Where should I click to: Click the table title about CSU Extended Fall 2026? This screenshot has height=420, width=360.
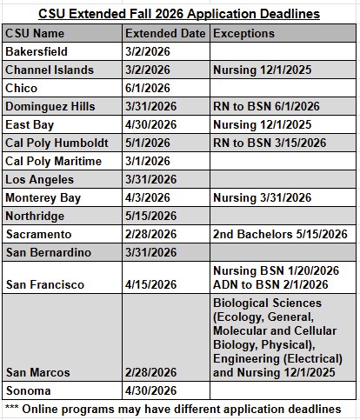(x=179, y=14)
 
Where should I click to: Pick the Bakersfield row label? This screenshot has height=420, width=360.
(x=35, y=51)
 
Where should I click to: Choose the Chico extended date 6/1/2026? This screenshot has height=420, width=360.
(x=147, y=88)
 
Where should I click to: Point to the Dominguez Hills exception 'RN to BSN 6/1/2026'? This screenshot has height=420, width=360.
(x=270, y=106)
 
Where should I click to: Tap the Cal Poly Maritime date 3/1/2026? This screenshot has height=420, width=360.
(x=147, y=161)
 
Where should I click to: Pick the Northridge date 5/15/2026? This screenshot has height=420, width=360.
(x=150, y=216)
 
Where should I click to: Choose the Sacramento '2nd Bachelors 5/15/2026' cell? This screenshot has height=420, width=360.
(x=280, y=234)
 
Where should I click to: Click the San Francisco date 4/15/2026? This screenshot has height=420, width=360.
(x=150, y=284)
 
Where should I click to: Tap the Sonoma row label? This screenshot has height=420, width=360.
(x=28, y=390)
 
